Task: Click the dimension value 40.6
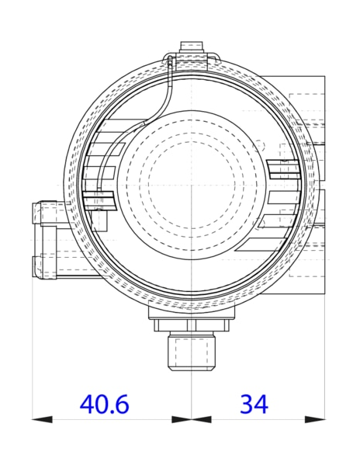click(104, 404)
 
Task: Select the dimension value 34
click(254, 404)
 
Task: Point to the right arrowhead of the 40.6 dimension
click(182, 419)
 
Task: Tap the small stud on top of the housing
click(192, 48)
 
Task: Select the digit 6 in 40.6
click(119, 404)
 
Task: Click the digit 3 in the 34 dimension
click(246, 404)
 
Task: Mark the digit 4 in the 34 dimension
click(261, 404)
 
